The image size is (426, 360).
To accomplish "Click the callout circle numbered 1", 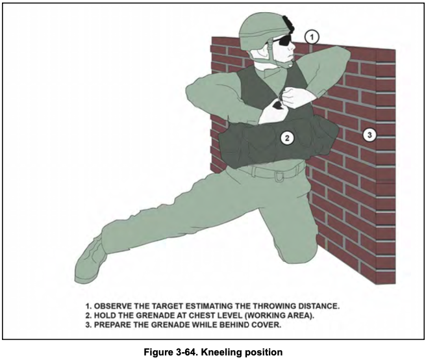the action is pyautogui.click(x=312, y=37).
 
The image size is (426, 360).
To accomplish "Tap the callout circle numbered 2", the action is pyautogui.click(x=287, y=138).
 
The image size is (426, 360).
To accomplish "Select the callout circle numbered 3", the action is pyautogui.click(x=370, y=135).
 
